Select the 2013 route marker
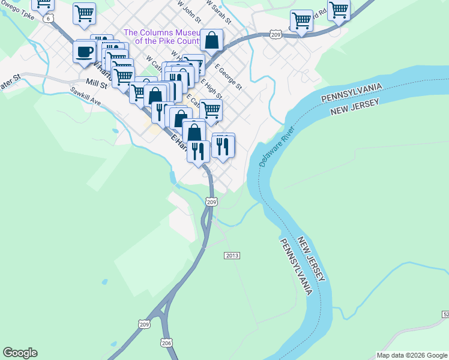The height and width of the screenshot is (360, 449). pyautogui.click(x=232, y=256)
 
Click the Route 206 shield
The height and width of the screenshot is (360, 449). pyautogui.click(x=166, y=342)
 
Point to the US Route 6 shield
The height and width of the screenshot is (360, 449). pyautogui.click(x=48, y=19)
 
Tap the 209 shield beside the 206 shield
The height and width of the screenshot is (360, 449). pyautogui.click(x=144, y=324)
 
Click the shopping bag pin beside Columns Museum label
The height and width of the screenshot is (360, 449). pyautogui.click(x=211, y=40)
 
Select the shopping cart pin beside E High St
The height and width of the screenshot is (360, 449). pyautogui.click(x=211, y=110)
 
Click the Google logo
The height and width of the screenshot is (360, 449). pyautogui.click(x=20, y=353)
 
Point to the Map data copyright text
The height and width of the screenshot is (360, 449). pyautogui.click(x=412, y=355)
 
